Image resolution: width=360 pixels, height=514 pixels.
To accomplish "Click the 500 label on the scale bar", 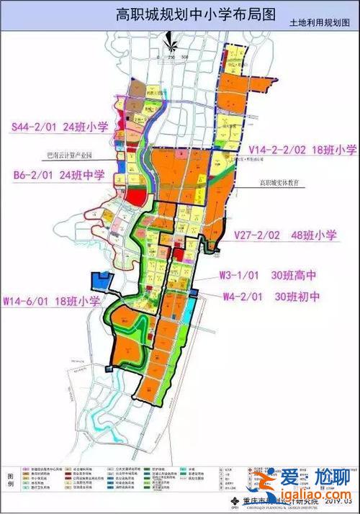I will click(185, 55).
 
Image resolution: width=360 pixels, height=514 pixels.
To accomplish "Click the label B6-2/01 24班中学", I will click(59, 175).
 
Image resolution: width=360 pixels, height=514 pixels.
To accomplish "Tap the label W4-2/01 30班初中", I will click(271, 294).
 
